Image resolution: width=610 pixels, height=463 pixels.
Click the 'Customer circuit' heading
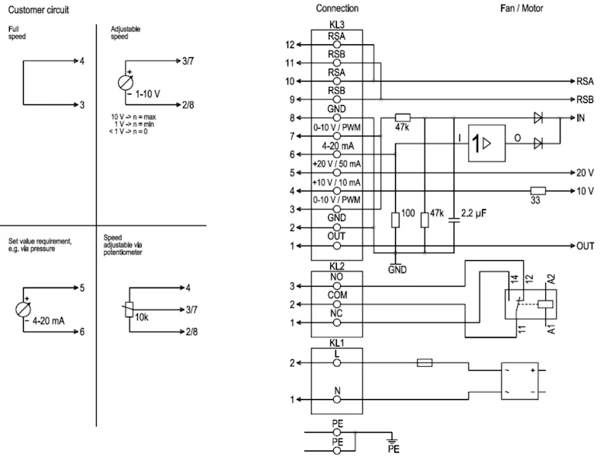pos(39,10)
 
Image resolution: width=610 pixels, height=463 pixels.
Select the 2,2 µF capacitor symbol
pos(454,220)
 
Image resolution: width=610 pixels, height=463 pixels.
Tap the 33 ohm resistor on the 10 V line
pos(538,191)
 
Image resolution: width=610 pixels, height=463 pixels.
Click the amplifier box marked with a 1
pos(486,143)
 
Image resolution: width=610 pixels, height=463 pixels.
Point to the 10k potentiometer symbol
pos(129,310)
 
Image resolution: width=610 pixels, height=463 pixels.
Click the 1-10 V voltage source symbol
pos(126,82)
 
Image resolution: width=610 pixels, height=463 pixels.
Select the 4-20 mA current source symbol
pos(23,310)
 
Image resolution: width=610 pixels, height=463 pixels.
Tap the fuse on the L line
pos(425,363)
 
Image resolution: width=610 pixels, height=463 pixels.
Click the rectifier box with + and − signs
pos(520,381)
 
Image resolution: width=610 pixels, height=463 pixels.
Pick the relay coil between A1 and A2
pos(545,304)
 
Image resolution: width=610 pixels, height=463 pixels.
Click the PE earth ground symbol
pos(392,441)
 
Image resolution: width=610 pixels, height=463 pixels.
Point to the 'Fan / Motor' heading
pos(522,8)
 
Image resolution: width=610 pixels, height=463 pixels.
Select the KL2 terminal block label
pos(337,266)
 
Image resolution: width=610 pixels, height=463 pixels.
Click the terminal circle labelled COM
pos(337,304)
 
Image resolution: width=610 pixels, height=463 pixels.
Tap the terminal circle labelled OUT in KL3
pos(337,246)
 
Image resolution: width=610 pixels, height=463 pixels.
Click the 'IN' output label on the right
pos(580,118)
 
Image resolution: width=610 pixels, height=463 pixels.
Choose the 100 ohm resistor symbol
pos(395,220)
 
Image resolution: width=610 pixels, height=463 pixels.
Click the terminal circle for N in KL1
pos(337,400)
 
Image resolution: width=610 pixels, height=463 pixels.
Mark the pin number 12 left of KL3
pos(290,45)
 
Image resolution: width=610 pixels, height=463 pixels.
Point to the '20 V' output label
pos(585,172)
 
